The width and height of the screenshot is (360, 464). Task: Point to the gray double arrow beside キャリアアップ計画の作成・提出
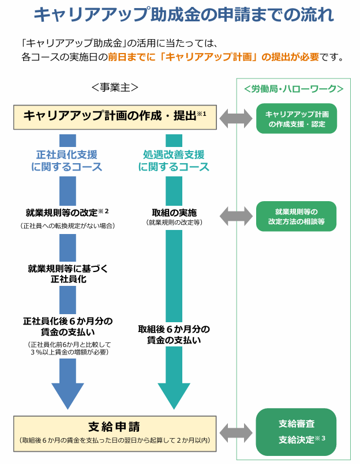coord(235,118)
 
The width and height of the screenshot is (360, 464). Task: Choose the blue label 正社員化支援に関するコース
coord(67,161)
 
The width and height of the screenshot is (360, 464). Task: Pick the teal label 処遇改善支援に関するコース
coord(174,161)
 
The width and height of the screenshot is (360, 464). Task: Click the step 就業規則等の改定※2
coord(67,212)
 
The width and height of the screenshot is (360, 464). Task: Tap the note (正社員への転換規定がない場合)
coord(67,225)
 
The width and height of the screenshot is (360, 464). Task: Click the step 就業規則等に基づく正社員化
coord(67,273)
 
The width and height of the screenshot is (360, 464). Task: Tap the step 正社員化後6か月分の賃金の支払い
coord(67,326)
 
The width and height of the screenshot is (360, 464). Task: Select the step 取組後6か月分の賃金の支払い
coord(174,334)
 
